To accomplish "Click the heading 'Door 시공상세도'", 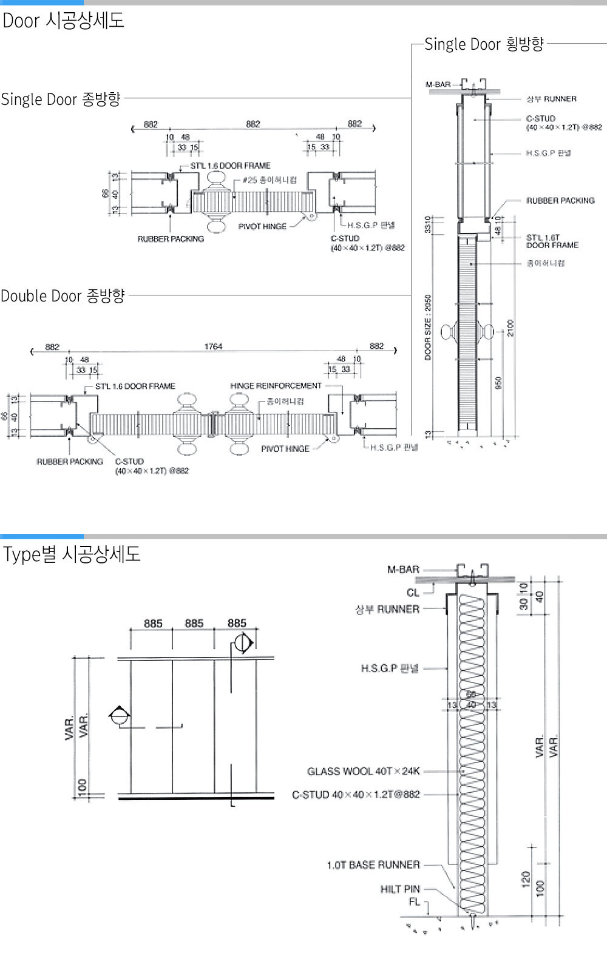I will click(x=63, y=21).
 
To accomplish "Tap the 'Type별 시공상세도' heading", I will click(x=72, y=554).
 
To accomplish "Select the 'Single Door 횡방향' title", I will click(x=484, y=44).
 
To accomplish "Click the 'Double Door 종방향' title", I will click(x=63, y=296).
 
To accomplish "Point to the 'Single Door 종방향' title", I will click(x=61, y=99).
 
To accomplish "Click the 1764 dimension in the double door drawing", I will click(x=213, y=346).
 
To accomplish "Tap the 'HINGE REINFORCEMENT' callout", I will click(x=276, y=386).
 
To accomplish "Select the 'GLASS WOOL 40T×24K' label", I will click(x=363, y=772).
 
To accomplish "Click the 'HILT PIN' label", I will click(x=400, y=889).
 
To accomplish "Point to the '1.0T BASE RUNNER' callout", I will click(x=373, y=864).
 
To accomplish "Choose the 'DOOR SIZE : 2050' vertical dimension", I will click(x=428, y=328).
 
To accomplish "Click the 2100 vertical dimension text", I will click(x=510, y=328).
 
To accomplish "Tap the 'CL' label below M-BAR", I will click(x=413, y=593).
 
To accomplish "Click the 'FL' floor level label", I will click(x=414, y=902).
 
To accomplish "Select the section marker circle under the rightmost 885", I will click(x=242, y=644).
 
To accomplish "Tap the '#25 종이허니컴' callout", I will click(x=270, y=180).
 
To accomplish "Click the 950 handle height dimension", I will click(x=498, y=383).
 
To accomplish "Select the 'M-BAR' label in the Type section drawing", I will click(x=403, y=570).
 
